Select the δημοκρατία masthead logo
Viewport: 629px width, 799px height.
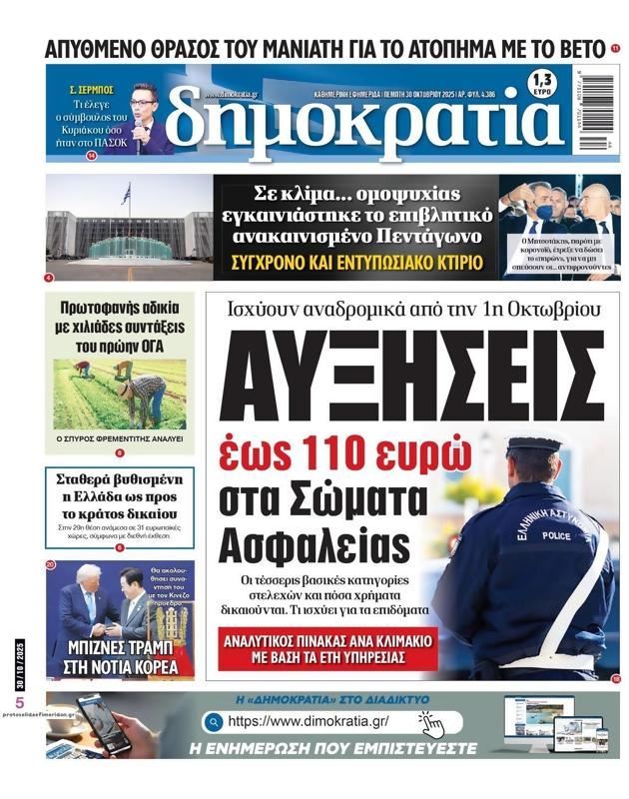click(x=364, y=118)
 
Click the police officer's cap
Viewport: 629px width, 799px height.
click(x=534, y=445)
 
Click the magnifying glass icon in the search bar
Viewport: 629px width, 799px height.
click(x=212, y=721)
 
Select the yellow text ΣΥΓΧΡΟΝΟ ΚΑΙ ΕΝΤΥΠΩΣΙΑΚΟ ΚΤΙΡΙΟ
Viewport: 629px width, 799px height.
click(x=356, y=263)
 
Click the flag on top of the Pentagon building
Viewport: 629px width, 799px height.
click(x=126, y=193)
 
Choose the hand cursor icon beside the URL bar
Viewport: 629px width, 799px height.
click(x=430, y=722)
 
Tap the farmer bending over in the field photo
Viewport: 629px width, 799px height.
click(x=146, y=395)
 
